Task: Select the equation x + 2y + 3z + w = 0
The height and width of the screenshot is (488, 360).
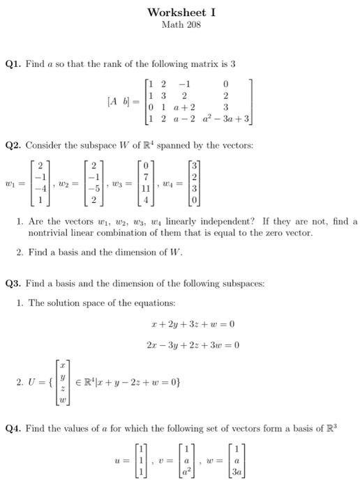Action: coord(193,325)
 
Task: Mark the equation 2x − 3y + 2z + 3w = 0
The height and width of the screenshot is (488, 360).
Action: coord(193,344)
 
